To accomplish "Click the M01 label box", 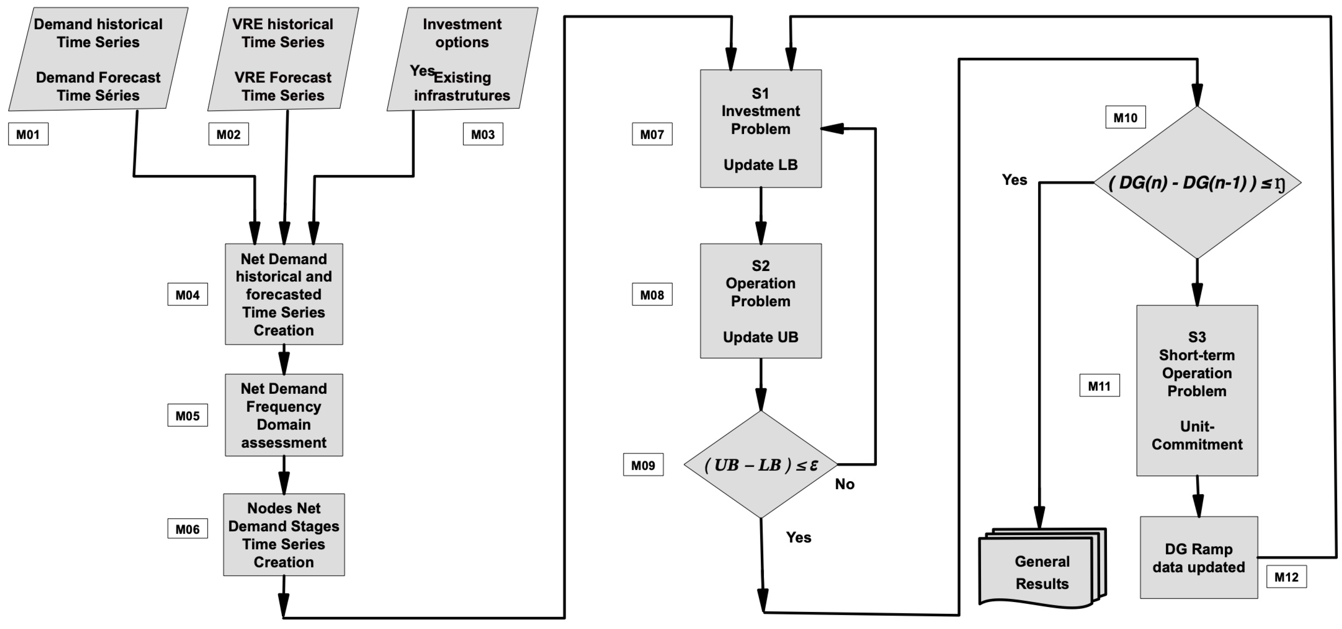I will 28,134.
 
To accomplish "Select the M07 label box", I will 652,134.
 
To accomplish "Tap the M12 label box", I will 1286,577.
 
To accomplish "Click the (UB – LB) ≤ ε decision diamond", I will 761,464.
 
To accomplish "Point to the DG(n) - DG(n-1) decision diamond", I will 1197,183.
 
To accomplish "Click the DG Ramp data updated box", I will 1198,558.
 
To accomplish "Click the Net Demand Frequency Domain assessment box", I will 283,415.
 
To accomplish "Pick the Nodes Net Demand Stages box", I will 283,535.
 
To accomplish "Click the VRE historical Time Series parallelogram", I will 283,59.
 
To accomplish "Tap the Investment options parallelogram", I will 462,59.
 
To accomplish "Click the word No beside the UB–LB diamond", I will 844,484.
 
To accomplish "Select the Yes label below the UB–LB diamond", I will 798,537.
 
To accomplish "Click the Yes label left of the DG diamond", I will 1014,180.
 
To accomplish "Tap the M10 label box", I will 1125,118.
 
